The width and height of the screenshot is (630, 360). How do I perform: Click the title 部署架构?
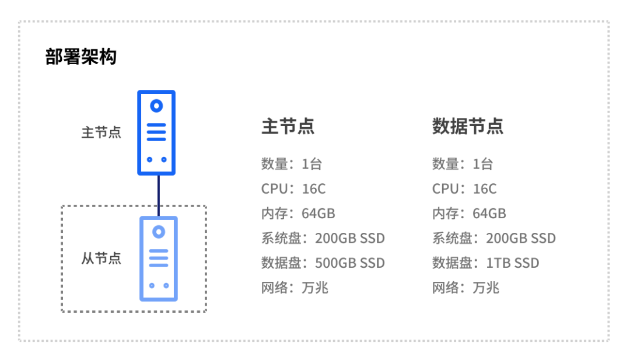[x=80, y=57]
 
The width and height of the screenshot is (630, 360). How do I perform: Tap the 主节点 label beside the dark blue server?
[x=101, y=132]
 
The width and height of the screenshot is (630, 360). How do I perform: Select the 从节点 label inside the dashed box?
[x=101, y=258]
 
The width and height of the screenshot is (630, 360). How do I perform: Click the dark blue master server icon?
[x=156, y=132]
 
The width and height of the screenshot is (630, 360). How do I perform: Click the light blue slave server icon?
[x=158, y=258]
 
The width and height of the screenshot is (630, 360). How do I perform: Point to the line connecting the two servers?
[x=158, y=195]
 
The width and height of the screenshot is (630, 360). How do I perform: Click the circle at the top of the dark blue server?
[x=156, y=106]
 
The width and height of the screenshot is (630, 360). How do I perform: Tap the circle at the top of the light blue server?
[x=158, y=232]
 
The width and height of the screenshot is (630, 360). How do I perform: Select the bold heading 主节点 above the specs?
[x=288, y=127]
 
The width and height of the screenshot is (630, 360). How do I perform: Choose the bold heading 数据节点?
[x=467, y=127]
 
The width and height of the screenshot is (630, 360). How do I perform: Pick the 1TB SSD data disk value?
[x=512, y=263]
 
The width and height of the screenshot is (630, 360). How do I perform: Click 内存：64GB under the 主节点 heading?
[x=298, y=214]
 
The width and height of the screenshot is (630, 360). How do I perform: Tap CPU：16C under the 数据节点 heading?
[x=464, y=189]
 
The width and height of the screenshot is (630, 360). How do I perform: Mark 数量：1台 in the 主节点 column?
[x=291, y=164]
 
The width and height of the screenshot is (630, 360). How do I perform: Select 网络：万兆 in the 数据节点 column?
[x=466, y=288]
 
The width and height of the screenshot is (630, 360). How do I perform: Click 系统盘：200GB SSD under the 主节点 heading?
[x=323, y=238]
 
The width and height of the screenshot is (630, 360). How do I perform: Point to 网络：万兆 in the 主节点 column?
[x=295, y=288]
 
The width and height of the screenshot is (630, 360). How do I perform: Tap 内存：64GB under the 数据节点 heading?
[x=469, y=214]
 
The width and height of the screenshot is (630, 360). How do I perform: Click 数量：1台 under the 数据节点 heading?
[x=462, y=164]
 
